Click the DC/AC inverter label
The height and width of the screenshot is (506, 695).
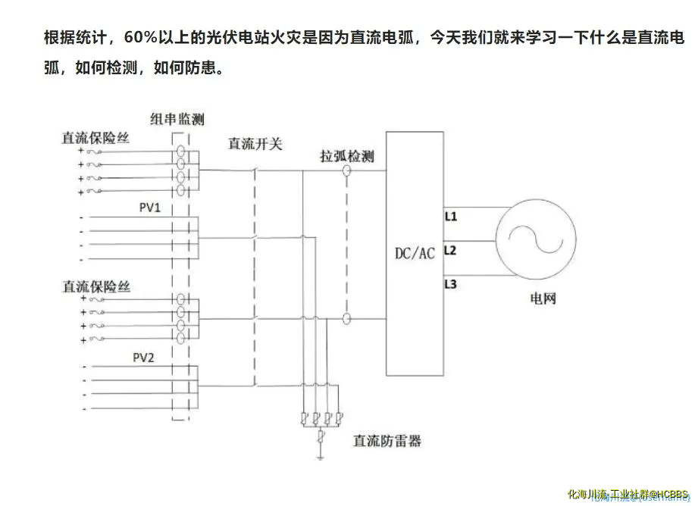tap(415, 253)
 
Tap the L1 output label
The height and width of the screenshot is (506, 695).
tap(451, 217)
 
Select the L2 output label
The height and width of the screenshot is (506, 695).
tap(451, 250)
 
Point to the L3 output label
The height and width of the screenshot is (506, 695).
tap(451, 284)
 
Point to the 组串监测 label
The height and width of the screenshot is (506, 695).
tap(177, 119)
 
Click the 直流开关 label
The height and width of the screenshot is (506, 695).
tap(255, 143)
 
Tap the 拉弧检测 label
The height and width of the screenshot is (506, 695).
tap(347, 157)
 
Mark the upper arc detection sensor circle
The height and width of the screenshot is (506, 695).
tap(347, 172)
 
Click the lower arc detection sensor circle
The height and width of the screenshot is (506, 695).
tap(347, 320)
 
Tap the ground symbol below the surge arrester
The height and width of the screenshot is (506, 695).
tap(321, 457)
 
